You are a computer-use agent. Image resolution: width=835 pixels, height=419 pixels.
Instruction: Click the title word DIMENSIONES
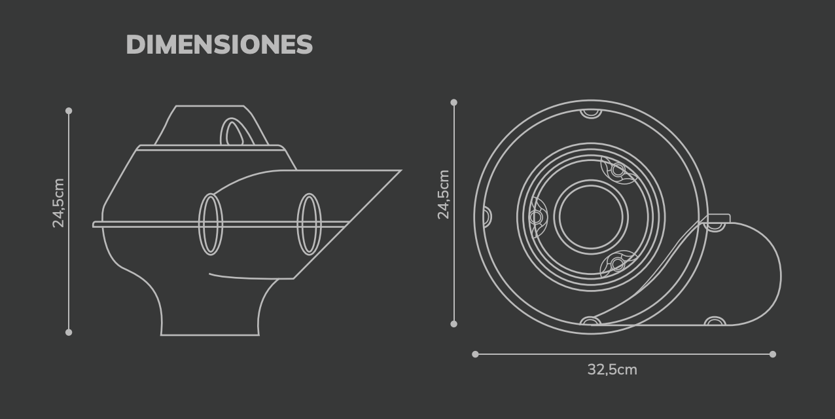pyautogui.click(x=219, y=45)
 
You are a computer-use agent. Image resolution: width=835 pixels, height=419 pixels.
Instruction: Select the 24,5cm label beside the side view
pyautogui.click(x=59, y=203)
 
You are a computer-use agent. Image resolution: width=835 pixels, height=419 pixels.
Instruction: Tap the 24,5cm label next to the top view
pyautogui.click(x=444, y=194)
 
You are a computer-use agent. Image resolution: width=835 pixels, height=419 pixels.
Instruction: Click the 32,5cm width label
pyautogui.click(x=612, y=370)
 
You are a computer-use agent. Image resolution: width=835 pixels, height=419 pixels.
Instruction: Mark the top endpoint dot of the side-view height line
pyautogui.click(x=69, y=111)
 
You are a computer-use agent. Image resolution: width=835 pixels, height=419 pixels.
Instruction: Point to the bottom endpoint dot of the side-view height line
pyautogui.click(x=69, y=333)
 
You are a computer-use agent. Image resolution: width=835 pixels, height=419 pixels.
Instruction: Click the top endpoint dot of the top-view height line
pyautogui.click(x=454, y=103)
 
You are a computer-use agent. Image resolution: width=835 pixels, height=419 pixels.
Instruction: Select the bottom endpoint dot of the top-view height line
pyautogui.click(x=454, y=323)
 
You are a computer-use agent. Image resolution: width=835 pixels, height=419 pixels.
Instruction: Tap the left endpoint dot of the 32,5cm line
pyautogui.click(x=476, y=354)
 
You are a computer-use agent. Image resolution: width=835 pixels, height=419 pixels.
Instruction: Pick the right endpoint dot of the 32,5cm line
pyautogui.click(x=773, y=354)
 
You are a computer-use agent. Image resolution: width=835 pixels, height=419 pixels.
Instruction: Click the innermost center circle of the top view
pyautogui.click(x=591, y=216)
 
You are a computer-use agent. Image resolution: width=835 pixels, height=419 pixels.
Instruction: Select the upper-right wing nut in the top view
pyautogui.click(x=618, y=170)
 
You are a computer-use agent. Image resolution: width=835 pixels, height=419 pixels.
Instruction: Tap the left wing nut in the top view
pyautogui.click(x=537, y=217)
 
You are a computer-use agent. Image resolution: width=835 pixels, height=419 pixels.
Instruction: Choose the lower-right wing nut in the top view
pyautogui.click(x=617, y=264)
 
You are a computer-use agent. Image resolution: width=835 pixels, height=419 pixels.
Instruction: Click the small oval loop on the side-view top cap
pyautogui.click(x=232, y=132)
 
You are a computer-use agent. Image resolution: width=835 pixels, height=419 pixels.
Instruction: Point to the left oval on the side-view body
pyautogui.click(x=210, y=224)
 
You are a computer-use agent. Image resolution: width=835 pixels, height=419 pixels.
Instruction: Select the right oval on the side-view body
pyautogui.click(x=309, y=224)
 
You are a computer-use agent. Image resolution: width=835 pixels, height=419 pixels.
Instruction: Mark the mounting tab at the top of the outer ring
pyautogui.click(x=591, y=113)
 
